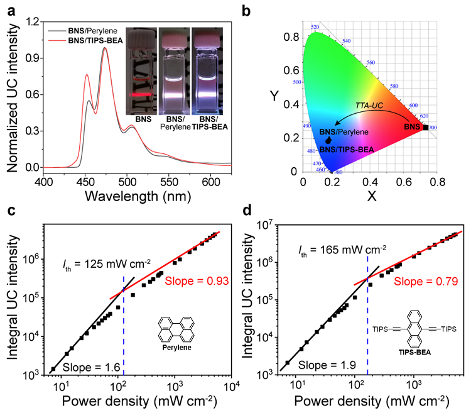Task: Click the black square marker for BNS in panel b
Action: pos(426,128)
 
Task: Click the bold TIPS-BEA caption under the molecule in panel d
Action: pos(402,353)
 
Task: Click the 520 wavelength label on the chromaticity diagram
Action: pos(315,26)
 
